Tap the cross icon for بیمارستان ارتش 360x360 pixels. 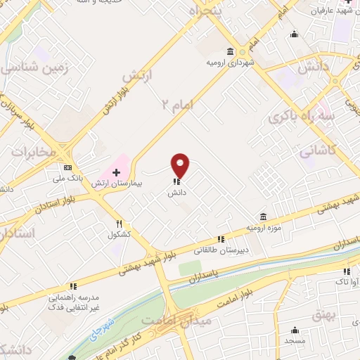tap(116, 172)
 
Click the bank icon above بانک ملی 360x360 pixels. tap(67, 168)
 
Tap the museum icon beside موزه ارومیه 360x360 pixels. tap(263, 216)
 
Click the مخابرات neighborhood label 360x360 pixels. tap(27, 151)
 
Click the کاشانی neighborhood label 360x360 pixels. tap(319, 149)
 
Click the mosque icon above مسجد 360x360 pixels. tap(295, 330)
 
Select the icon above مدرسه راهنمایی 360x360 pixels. tap(72, 287)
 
